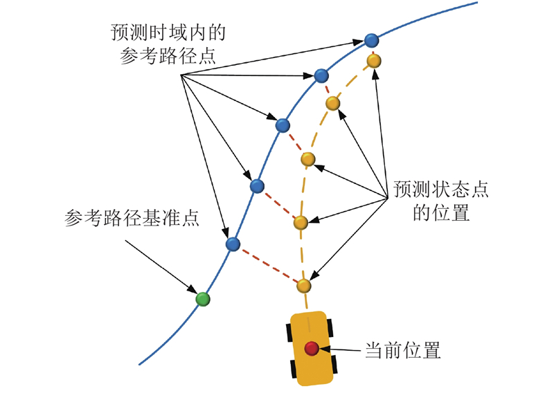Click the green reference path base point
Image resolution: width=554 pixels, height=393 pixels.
tap(202, 298)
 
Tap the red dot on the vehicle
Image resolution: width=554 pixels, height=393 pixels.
tap(312, 347)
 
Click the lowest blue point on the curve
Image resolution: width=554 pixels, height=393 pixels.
tap(233, 244)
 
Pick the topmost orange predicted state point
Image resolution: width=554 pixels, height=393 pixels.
tap(374, 61)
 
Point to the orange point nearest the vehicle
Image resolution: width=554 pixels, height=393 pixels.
tap(303, 285)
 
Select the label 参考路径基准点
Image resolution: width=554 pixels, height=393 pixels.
tap(132, 219)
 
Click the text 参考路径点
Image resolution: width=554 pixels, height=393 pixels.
tap(167, 57)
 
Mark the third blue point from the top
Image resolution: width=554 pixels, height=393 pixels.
tap(283, 125)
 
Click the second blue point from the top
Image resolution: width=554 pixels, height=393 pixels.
tap(321, 75)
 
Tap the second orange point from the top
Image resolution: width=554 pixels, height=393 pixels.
tap(333, 104)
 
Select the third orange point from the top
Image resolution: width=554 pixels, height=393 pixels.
tap(309, 159)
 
